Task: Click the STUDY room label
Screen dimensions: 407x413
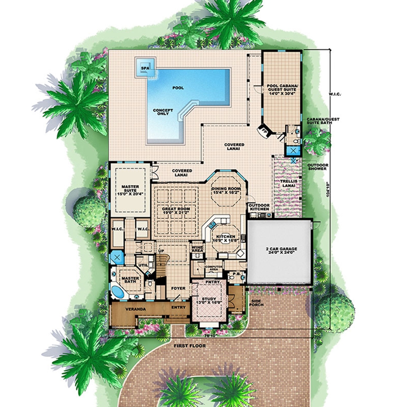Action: pos(208,301)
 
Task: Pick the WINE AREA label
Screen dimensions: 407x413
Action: pos(197,248)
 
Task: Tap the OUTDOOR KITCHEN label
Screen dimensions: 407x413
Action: pos(259,207)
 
